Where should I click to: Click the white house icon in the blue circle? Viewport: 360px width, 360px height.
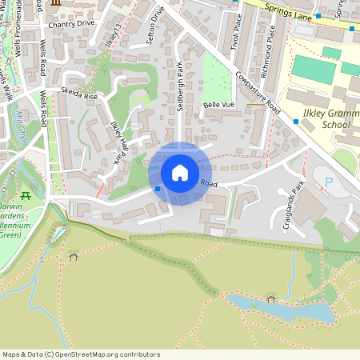[180, 173]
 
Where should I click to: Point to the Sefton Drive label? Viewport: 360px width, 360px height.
[157, 25]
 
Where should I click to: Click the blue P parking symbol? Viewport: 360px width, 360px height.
[329, 183]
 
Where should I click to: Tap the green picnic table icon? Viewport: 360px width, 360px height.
[26, 195]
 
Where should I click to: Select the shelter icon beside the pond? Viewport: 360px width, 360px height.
[270, 298]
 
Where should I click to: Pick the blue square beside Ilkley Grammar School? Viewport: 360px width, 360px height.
[296, 122]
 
